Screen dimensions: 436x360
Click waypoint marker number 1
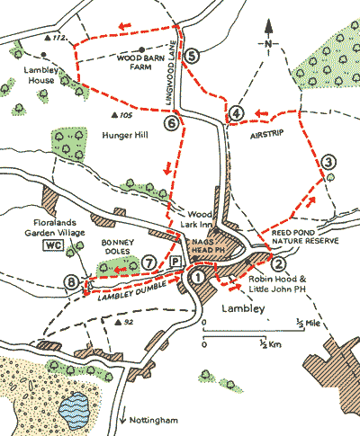[x=198, y=278]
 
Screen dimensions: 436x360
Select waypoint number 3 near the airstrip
[x=329, y=163]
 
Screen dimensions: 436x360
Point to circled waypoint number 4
[x=237, y=112]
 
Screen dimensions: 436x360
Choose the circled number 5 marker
[x=193, y=56]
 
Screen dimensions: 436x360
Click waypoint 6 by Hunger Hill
[x=171, y=122]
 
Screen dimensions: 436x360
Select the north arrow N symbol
[x=267, y=42]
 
